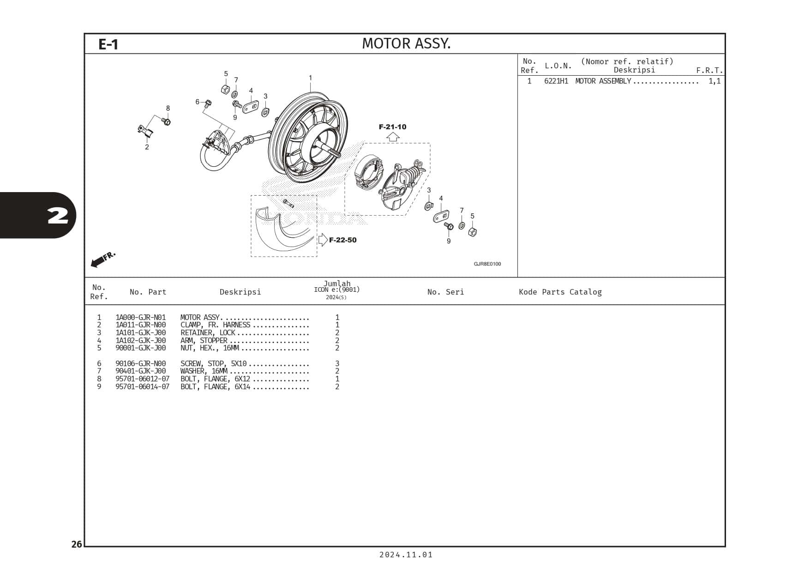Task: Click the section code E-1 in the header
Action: coord(108,44)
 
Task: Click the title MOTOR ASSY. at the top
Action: coord(406,43)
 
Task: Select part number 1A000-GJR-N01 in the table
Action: coord(140,318)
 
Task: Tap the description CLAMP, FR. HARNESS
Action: coord(215,325)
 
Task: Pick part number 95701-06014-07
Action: coord(142,387)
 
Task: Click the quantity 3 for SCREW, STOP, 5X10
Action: coord(337,364)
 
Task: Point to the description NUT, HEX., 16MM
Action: coord(210,348)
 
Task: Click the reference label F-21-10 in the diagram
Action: coord(392,127)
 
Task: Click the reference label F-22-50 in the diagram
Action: coord(342,240)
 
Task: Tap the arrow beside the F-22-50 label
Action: coord(323,240)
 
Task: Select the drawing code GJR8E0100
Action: coord(487,264)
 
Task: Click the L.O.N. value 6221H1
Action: coord(556,81)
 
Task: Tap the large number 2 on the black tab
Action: coord(58,216)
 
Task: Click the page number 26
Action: coord(77,544)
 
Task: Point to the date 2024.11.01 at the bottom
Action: coord(406,555)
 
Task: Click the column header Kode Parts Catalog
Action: coord(560,292)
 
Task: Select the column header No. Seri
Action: coord(445,292)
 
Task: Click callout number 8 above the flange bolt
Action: coord(168,109)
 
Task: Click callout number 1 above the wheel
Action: coord(310,78)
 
